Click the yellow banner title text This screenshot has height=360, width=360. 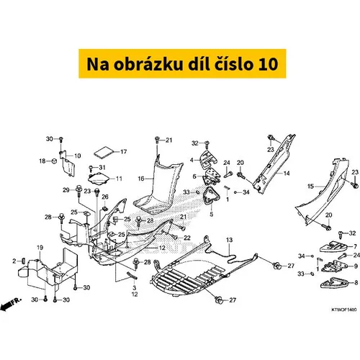[x=182, y=64]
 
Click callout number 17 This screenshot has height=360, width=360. [x=123, y=152]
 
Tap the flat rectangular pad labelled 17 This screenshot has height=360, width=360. [x=104, y=152]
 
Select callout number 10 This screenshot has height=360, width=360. [x=78, y=156]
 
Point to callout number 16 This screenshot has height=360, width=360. [x=141, y=179]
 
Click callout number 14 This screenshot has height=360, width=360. [x=287, y=174]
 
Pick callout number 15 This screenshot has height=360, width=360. [x=311, y=186]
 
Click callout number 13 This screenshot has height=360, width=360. [x=229, y=240]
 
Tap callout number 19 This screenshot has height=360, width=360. [x=40, y=248]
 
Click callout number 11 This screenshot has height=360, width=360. [x=119, y=179]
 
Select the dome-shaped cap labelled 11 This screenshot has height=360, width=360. [x=99, y=179]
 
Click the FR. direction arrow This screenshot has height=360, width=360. [x=11, y=304]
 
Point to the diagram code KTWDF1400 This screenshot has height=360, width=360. [x=344, y=310]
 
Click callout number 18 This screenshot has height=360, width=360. [x=42, y=161]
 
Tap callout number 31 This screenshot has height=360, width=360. [x=102, y=167]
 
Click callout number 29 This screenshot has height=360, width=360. [x=66, y=190]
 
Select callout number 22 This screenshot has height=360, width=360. [x=187, y=238]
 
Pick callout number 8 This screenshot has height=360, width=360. [x=356, y=282]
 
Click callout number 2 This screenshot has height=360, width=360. [x=14, y=261]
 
